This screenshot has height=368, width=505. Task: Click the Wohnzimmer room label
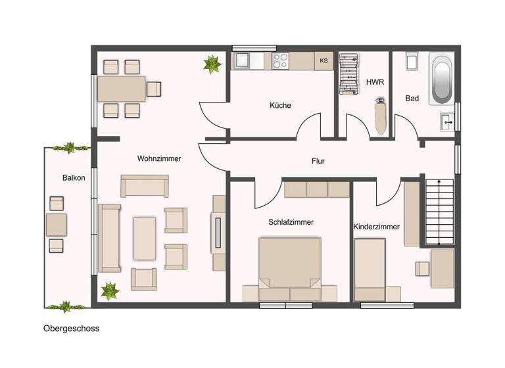coord(158,158)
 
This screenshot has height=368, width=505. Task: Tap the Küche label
coord(279,105)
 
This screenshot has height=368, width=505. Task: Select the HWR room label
coord(374,81)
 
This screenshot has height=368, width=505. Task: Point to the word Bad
coord(412,99)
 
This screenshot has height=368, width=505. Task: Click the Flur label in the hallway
coord(318,160)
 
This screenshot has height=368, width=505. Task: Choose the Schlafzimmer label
coord(291,222)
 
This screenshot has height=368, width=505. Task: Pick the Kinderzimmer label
coord(376,227)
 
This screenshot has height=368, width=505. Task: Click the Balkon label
coord(74,177)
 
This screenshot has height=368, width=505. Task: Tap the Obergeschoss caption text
coord(71,329)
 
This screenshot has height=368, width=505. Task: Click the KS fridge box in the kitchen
coord(324,61)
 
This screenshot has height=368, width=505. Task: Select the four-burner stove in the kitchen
coord(281,60)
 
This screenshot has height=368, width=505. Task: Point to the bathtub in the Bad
coord(441,79)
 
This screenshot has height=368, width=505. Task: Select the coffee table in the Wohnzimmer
coord(145,238)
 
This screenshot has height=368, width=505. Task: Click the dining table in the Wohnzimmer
coord(122,89)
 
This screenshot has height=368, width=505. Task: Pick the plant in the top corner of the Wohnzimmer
coord(212,64)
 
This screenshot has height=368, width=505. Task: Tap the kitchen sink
coord(241,60)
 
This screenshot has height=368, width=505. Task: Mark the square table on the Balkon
coord(56,225)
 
